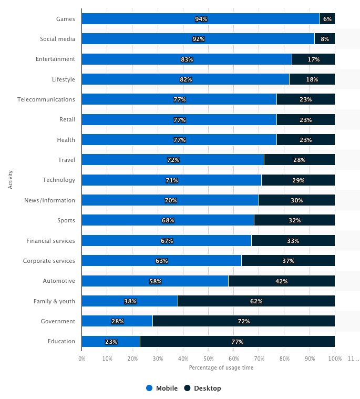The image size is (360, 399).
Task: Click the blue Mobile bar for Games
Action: point(200,19)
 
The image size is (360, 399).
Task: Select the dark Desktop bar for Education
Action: point(238,341)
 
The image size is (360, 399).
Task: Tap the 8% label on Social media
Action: point(325,39)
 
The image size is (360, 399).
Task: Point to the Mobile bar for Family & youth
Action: point(130,301)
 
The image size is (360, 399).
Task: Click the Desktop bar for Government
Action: point(244,321)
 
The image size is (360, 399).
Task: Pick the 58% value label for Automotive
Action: point(156,281)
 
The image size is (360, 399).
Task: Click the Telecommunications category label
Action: point(46,99)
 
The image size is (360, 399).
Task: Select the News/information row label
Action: point(49,200)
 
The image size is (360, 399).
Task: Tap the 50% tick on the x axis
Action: point(208,359)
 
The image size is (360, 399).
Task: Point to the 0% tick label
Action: point(82,359)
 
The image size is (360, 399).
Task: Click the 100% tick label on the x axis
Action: point(335,359)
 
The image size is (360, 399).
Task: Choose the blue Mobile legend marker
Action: point(149,388)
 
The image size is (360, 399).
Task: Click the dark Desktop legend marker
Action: point(187,388)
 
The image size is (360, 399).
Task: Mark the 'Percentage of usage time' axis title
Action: point(221,367)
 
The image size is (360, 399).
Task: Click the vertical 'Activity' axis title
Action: point(11,180)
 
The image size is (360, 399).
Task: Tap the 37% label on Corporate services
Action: point(288,261)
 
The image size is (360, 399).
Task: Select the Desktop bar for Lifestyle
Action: point(312,79)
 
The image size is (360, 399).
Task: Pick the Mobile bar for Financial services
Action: point(167,240)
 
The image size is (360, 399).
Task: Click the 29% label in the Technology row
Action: point(298,180)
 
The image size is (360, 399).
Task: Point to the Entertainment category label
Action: point(56,59)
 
